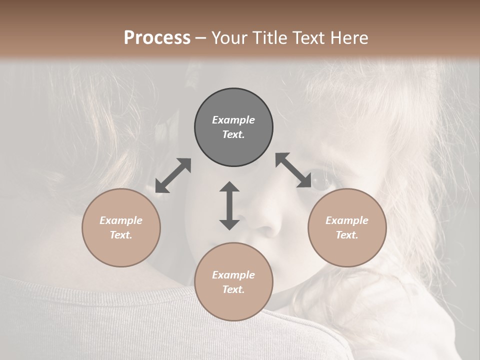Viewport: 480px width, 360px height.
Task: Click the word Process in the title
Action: tap(157, 38)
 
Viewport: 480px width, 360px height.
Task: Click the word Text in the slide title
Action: tap(310, 38)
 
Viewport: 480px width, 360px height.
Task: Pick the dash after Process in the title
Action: tap(201, 38)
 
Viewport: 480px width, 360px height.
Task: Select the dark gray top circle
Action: tap(233, 127)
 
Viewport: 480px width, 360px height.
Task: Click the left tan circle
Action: tap(121, 227)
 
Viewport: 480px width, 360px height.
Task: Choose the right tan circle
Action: tap(347, 227)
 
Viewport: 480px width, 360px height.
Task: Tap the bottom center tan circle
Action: tap(233, 282)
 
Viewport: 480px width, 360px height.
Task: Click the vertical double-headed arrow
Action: tap(229, 205)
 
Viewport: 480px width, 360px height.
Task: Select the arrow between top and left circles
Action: tap(173, 175)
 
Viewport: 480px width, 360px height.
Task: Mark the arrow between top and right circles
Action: tap(293, 170)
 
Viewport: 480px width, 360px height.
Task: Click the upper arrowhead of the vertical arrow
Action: tap(229, 186)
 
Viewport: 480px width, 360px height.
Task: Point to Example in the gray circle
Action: tap(233, 120)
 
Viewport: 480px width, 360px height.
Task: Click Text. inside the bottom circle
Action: tap(233, 289)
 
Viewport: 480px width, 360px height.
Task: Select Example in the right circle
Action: tap(347, 220)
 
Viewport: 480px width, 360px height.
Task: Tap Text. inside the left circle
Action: tap(121, 235)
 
